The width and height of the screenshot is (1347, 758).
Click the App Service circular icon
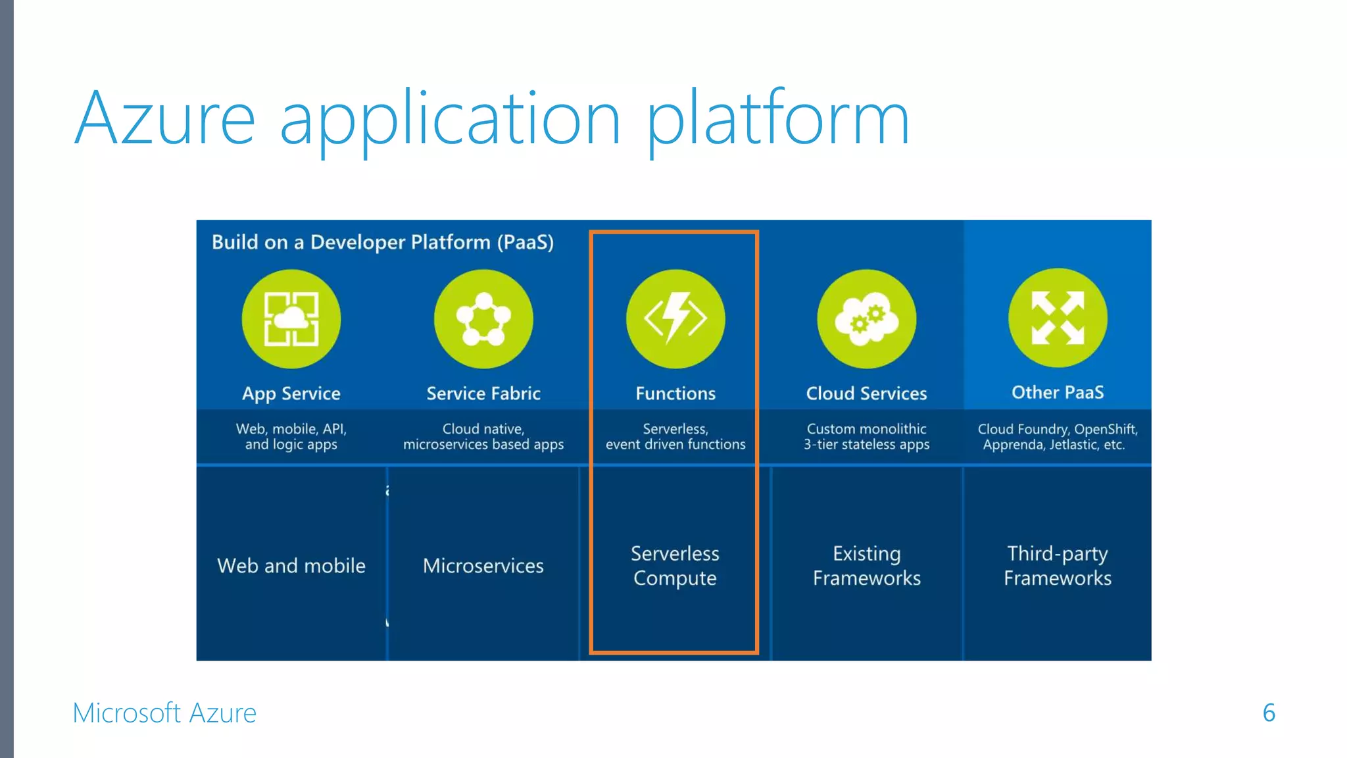(291, 319)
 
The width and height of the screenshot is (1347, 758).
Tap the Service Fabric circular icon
(483, 319)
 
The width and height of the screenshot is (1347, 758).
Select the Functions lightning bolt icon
(675, 319)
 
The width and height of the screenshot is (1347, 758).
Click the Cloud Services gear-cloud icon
(866, 319)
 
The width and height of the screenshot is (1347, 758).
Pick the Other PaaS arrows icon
(1058, 318)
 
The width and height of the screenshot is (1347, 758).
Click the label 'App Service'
(291, 393)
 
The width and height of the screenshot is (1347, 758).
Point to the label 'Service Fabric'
(483, 393)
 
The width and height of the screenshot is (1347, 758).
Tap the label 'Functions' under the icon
(675, 393)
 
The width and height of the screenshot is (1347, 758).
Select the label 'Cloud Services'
(866, 393)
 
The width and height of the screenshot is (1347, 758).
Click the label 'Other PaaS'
(1058, 392)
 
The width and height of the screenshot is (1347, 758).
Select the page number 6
(1269, 713)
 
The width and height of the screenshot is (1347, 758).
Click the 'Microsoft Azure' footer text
(164, 713)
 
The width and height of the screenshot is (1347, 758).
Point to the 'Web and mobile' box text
(291, 566)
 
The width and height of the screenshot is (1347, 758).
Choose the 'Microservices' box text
(483, 566)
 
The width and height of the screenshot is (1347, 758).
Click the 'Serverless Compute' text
(675, 566)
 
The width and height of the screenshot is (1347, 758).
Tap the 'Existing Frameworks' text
(866, 566)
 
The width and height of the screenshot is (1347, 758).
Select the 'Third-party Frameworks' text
(1058, 566)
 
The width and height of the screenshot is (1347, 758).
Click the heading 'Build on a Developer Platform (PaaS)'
(382, 242)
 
